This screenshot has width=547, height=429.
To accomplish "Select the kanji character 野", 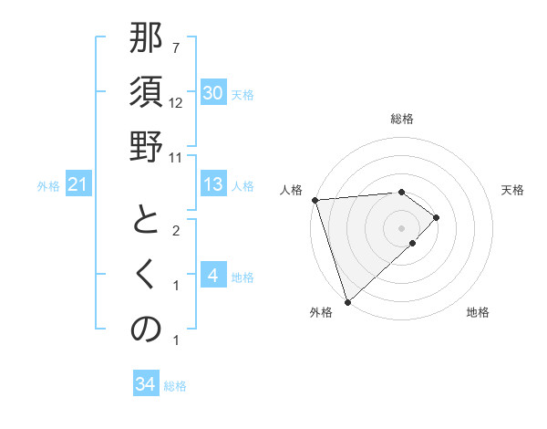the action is tap(146, 147).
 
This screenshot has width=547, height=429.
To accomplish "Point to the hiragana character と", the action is tap(146, 222).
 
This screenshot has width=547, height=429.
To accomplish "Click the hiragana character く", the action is tap(146, 276).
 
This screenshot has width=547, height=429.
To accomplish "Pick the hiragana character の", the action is tap(146, 330).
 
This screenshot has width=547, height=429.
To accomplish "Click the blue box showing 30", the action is tap(212, 93).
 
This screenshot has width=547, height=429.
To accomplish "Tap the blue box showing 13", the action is tap(212, 184).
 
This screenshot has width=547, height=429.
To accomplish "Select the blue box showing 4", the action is tap(212, 276).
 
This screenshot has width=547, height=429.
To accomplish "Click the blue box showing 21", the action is tap(77, 185).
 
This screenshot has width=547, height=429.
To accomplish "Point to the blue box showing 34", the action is tap(145, 384).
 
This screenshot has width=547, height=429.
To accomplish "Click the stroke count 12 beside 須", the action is tap(177, 103).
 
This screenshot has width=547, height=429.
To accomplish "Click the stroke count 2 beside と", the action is tap(176, 231).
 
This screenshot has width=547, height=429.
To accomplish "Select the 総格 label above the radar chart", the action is tap(401, 119).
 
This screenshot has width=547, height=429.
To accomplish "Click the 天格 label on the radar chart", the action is tap(512, 190).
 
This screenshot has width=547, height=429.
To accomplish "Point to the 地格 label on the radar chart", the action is tap(478, 312).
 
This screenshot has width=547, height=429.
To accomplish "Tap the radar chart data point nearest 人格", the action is tap(315, 199).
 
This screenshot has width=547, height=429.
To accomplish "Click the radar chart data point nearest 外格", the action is tap(347, 300).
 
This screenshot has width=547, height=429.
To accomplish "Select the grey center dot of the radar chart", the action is tap(401, 227).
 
